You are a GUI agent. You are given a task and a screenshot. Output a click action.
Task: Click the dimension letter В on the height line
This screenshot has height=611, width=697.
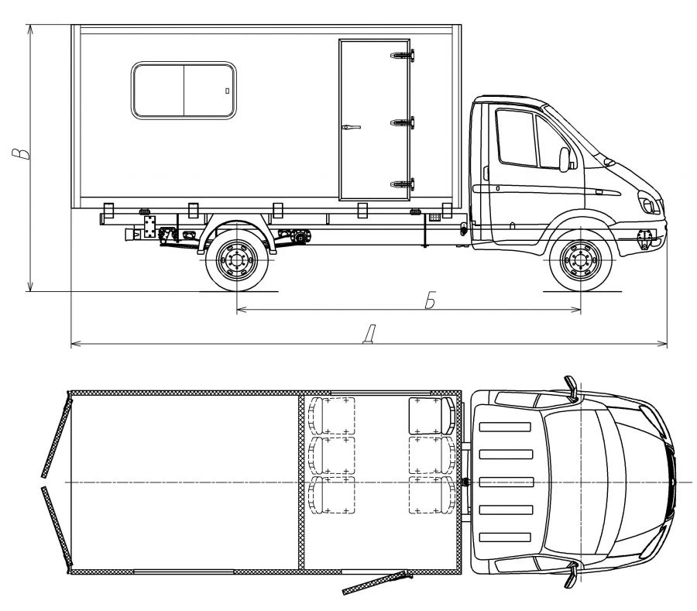click(x=21, y=153)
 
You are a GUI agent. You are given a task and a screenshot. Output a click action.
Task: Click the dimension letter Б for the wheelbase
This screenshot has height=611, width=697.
click(x=430, y=300)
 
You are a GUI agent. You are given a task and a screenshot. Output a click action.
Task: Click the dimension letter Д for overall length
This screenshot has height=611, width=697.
click(x=369, y=335)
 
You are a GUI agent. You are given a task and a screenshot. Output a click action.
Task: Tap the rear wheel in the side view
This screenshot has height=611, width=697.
click(x=237, y=260)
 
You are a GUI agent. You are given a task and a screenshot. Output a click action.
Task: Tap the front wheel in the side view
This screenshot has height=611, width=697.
click(x=581, y=260)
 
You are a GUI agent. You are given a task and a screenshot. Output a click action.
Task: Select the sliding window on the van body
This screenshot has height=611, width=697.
click(x=184, y=91)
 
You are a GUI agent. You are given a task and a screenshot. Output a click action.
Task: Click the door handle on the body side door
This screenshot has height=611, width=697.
click(x=351, y=128)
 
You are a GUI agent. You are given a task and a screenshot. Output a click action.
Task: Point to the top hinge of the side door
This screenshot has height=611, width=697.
click(x=402, y=55)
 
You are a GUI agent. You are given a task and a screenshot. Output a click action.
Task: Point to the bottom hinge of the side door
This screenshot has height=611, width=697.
click(x=402, y=184)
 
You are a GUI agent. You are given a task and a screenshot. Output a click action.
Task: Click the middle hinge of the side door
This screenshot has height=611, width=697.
click(x=402, y=122)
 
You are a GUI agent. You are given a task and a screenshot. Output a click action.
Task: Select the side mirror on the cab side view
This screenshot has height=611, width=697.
click(x=565, y=160)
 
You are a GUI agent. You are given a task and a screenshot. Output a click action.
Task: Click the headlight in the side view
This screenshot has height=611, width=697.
click(x=649, y=203)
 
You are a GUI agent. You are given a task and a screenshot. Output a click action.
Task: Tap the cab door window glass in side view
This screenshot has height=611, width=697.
click(x=516, y=138)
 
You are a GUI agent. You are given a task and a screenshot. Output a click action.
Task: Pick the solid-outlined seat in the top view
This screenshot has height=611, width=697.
click(x=432, y=416)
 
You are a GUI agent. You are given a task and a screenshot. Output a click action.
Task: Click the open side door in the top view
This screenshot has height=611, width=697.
click(x=377, y=582)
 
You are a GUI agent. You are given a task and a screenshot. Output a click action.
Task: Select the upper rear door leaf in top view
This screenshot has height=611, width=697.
click(x=57, y=438)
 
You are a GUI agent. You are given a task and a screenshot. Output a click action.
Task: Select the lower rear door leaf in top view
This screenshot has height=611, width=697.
click(x=57, y=527)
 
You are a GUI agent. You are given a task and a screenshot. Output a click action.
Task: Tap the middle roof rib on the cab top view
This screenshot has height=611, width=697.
click(x=506, y=482)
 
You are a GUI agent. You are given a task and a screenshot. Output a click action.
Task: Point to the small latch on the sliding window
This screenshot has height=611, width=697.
click(x=227, y=91)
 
